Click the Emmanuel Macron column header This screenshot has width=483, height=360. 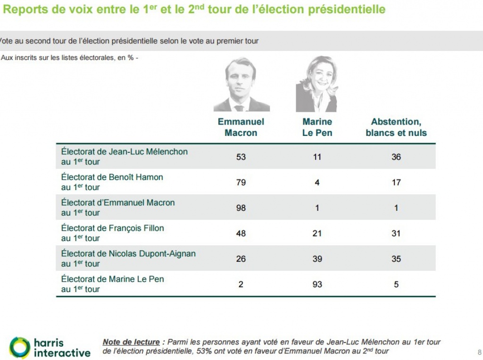(241, 127)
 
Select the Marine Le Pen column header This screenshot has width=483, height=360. (317, 127)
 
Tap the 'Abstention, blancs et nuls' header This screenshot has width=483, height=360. (396, 127)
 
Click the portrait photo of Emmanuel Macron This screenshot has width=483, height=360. (241, 84)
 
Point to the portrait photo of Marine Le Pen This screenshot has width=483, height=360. (317, 84)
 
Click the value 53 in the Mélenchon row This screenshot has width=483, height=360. (241, 157)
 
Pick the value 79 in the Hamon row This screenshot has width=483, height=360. (241, 182)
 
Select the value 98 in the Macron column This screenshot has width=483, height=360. (241, 208)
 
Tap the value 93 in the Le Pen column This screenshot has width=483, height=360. (317, 284)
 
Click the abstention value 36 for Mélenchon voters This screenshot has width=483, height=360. (396, 157)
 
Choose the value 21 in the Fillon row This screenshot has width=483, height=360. (317, 233)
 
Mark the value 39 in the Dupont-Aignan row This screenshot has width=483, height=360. (317, 259)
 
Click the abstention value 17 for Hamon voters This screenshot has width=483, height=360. (396, 182)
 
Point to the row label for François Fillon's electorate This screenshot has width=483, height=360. (113, 233)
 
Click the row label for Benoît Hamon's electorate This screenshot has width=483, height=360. (112, 182)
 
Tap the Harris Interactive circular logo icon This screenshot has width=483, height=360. (19, 347)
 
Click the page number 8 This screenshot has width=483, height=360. (479, 352)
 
